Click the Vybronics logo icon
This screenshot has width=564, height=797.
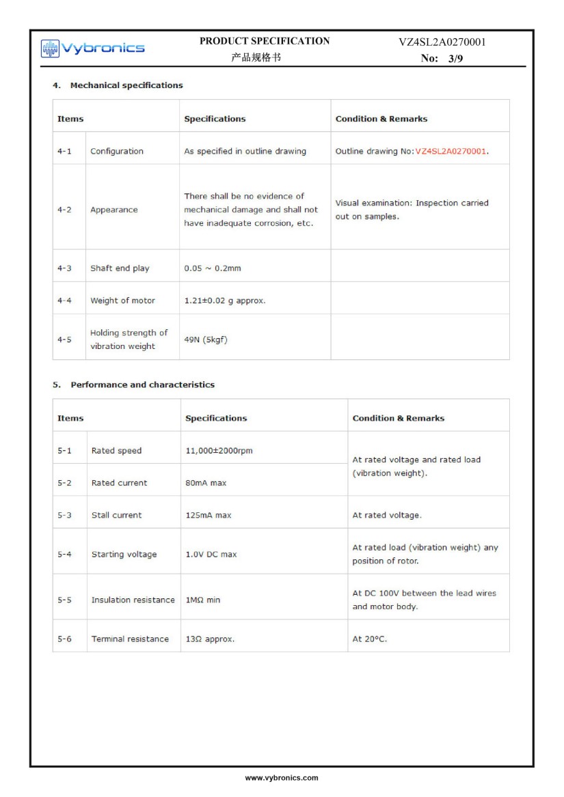tap(51, 48)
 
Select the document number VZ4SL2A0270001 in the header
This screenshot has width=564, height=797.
tap(442, 42)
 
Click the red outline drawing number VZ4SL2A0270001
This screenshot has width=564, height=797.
tap(451, 151)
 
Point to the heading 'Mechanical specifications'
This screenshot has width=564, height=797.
tap(126, 85)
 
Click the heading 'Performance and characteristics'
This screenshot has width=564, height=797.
tap(142, 384)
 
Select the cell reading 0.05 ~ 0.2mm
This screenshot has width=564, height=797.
tap(213, 268)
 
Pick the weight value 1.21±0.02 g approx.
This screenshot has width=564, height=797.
tap(225, 300)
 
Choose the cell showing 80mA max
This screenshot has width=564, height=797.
tap(206, 483)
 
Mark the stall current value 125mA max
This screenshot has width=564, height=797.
tap(209, 515)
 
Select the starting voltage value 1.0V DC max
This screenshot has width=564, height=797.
tap(211, 555)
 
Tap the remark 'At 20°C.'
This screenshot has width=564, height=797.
tap(370, 639)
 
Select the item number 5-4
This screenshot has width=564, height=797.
tap(64, 555)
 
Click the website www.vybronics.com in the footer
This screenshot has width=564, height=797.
tap(282, 778)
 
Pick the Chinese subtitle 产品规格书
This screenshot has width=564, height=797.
tap(256, 58)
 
